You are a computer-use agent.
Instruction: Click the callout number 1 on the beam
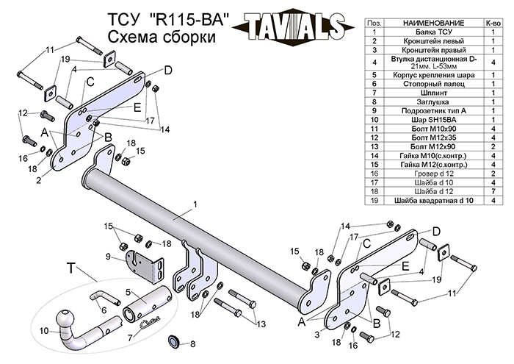tap(196, 203)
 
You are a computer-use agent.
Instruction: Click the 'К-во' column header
tap(494, 23)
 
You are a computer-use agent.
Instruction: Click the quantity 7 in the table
tap(494, 190)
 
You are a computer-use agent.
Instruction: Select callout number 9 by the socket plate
tap(107, 257)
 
